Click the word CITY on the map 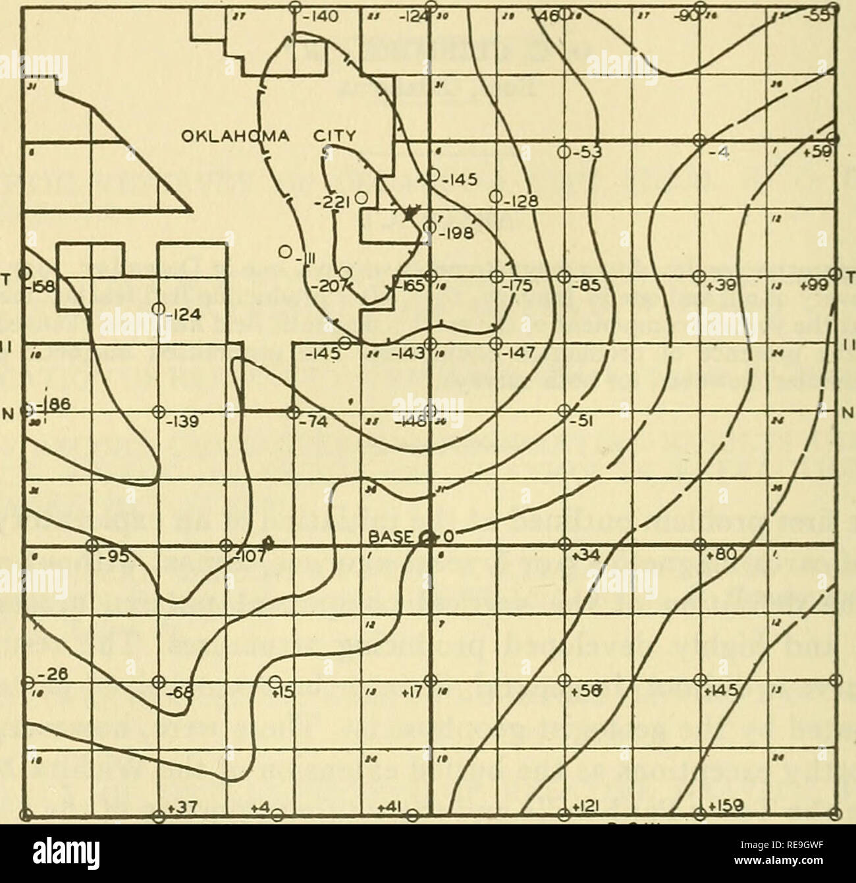click(333, 138)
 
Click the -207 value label click(322, 286)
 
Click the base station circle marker click(428, 538)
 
